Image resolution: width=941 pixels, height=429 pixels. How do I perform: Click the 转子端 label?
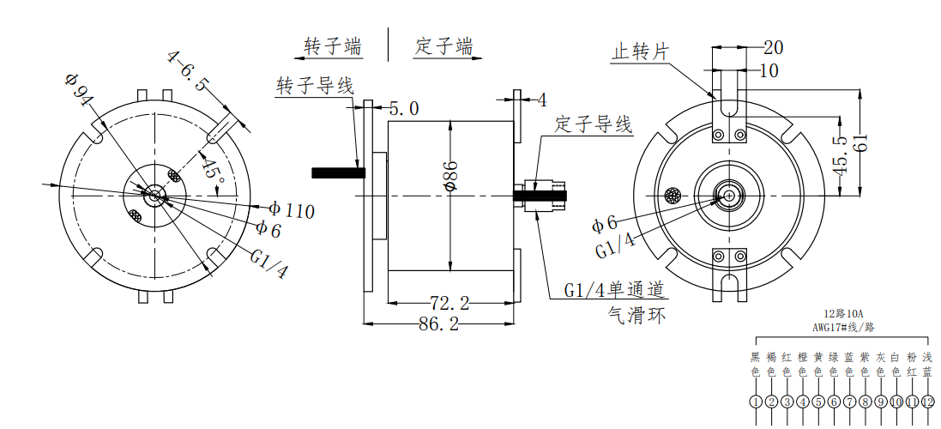click(x=333, y=45)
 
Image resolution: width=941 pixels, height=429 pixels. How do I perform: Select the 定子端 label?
click(x=443, y=45)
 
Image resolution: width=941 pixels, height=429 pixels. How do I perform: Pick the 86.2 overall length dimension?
click(x=438, y=323)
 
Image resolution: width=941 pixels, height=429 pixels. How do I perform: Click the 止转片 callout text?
click(x=639, y=51)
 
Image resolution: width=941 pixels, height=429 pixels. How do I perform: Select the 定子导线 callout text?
click(x=594, y=124)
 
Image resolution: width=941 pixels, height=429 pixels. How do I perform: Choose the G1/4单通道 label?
click(x=615, y=290)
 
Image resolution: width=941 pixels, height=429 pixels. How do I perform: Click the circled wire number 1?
click(x=756, y=402)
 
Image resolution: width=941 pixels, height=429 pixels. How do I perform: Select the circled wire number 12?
click(x=927, y=402)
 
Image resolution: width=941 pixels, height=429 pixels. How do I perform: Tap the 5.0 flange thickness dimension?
click(x=404, y=108)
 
